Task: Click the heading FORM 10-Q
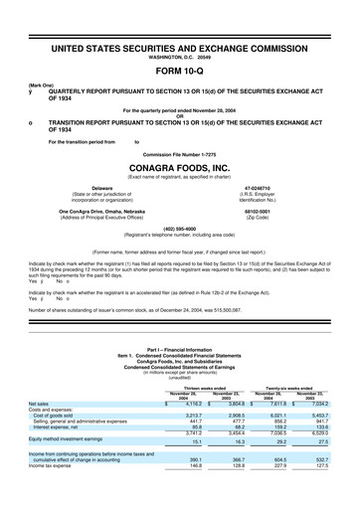pyautogui.click(x=180, y=72)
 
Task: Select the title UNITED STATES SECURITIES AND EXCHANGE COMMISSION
pyautogui.click(x=180, y=48)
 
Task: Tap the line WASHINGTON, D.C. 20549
pyautogui.click(x=180, y=58)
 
